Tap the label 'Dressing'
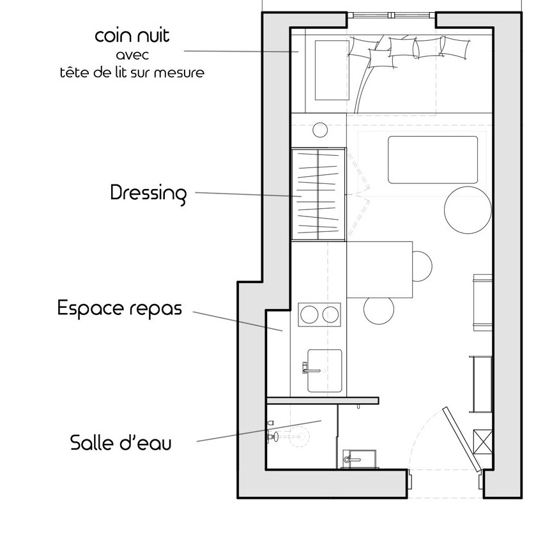(x=148, y=193)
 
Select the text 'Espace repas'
(x=119, y=308)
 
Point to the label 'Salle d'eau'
(x=121, y=443)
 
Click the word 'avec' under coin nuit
(x=133, y=56)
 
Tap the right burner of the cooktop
(x=331, y=315)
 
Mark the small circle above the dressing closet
(x=319, y=130)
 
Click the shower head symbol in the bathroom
(x=273, y=437)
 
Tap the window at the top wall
(x=392, y=15)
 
